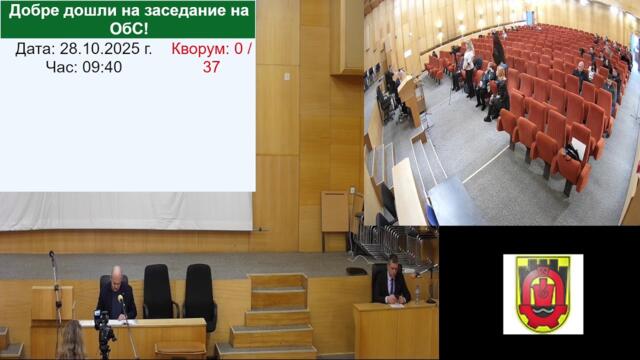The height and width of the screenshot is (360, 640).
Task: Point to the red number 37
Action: click(x=211, y=67)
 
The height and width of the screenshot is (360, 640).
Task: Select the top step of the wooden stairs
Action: click(x=278, y=281)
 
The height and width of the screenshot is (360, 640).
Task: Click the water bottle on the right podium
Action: click(x=417, y=294)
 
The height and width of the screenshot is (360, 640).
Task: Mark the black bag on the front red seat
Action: click(x=573, y=151)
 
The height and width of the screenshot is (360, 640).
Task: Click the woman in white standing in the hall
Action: click(x=467, y=66)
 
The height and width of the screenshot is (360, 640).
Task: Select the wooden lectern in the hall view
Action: click(x=411, y=100)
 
